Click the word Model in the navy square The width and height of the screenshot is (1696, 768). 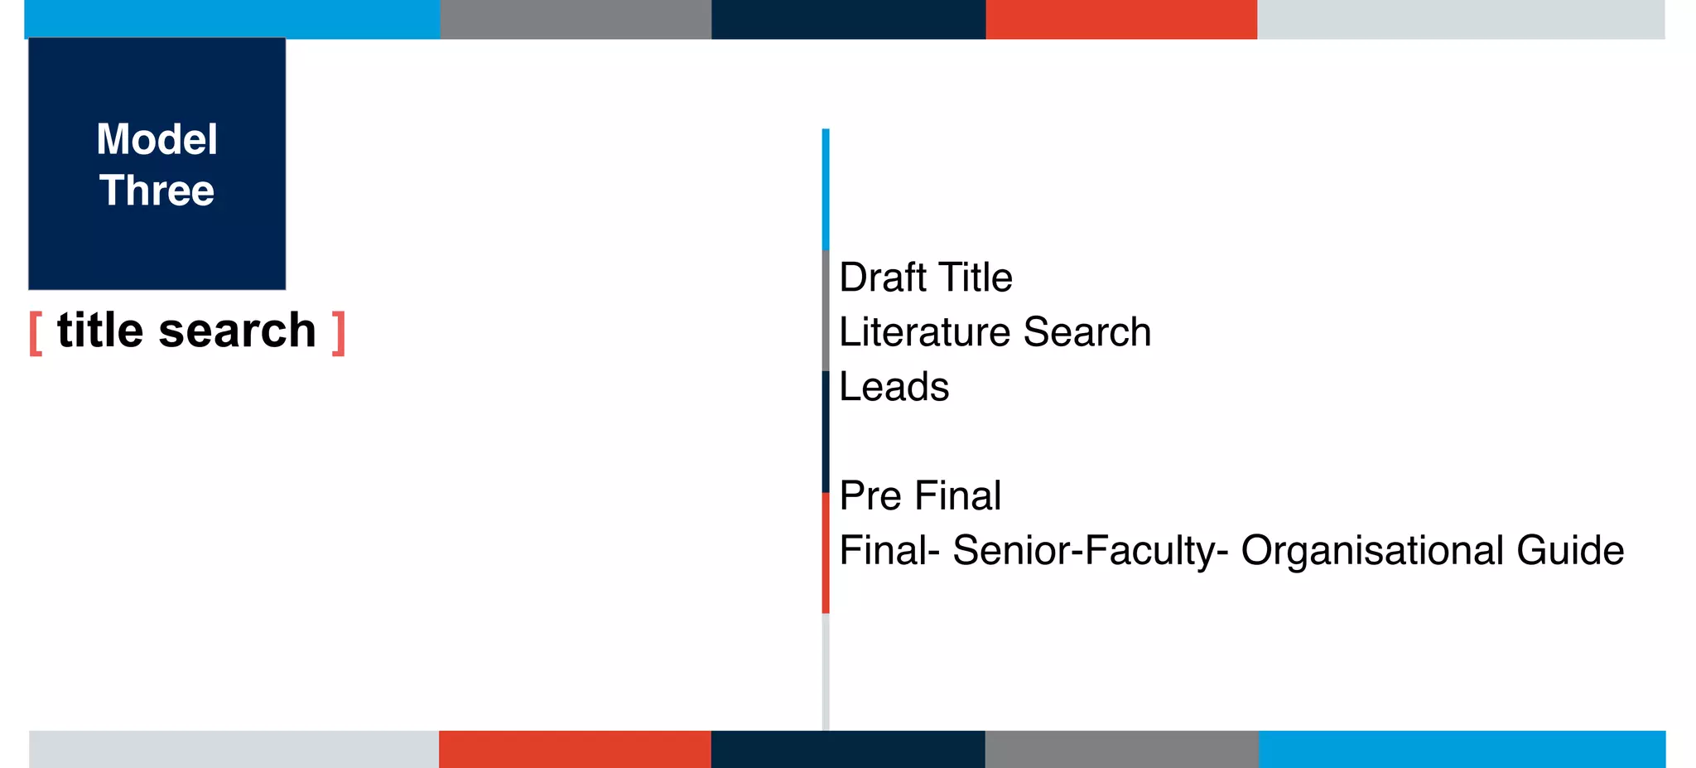pyautogui.click(x=157, y=139)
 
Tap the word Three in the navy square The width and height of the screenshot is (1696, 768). pyautogui.click(x=157, y=191)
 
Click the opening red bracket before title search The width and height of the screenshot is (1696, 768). pyautogui.click(x=36, y=333)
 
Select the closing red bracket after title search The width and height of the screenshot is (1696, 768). pyautogui.click(x=338, y=333)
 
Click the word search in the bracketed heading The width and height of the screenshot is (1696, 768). pyautogui.click(x=237, y=331)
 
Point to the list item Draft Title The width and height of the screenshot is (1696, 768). pyautogui.click(x=925, y=278)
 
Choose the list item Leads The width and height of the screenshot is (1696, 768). pyautogui.click(x=894, y=387)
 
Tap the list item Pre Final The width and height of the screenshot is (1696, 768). pyautogui.click(x=919, y=495)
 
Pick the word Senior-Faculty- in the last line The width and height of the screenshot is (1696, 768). pyautogui.click(x=1090, y=551)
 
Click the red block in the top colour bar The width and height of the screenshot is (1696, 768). pyautogui.click(x=1121, y=19)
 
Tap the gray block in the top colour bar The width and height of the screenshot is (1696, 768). pyautogui.click(x=576, y=19)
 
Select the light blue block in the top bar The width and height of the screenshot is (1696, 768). pyautogui.click(x=232, y=19)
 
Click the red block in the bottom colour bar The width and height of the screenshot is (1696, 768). pyautogui.click(x=575, y=749)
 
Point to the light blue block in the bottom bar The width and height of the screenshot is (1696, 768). pyautogui.click(x=1462, y=749)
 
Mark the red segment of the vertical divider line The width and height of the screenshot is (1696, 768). pyautogui.click(x=826, y=553)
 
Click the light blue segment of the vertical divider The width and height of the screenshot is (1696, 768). pyautogui.click(x=826, y=189)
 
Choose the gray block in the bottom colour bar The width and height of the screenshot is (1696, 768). pyautogui.click(x=1121, y=749)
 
